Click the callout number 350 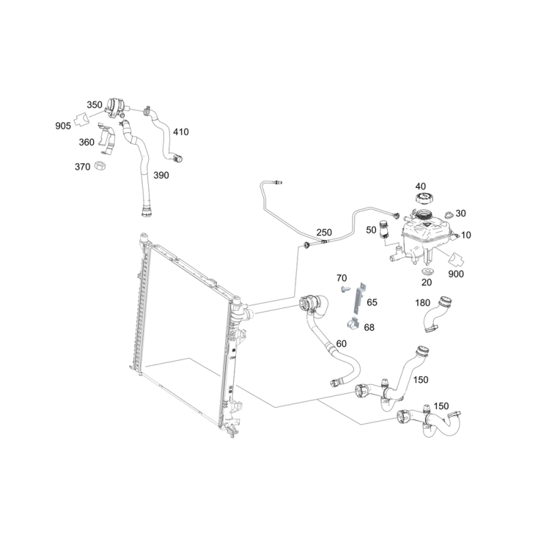(94, 105)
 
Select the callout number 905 (63, 126)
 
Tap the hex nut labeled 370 (100, 165)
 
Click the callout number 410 (180, 132)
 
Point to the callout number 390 (161, 175)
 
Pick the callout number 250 (324, 233)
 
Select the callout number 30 (460, 213)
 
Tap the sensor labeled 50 (384, 229)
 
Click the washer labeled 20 (427, 271)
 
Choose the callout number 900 (456, 274)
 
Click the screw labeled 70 (346, 290)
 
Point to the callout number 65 (372, 302)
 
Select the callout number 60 (341, 344)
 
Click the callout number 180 (422, 303)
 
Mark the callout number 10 (466, 235)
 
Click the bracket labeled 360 (106, 139)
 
